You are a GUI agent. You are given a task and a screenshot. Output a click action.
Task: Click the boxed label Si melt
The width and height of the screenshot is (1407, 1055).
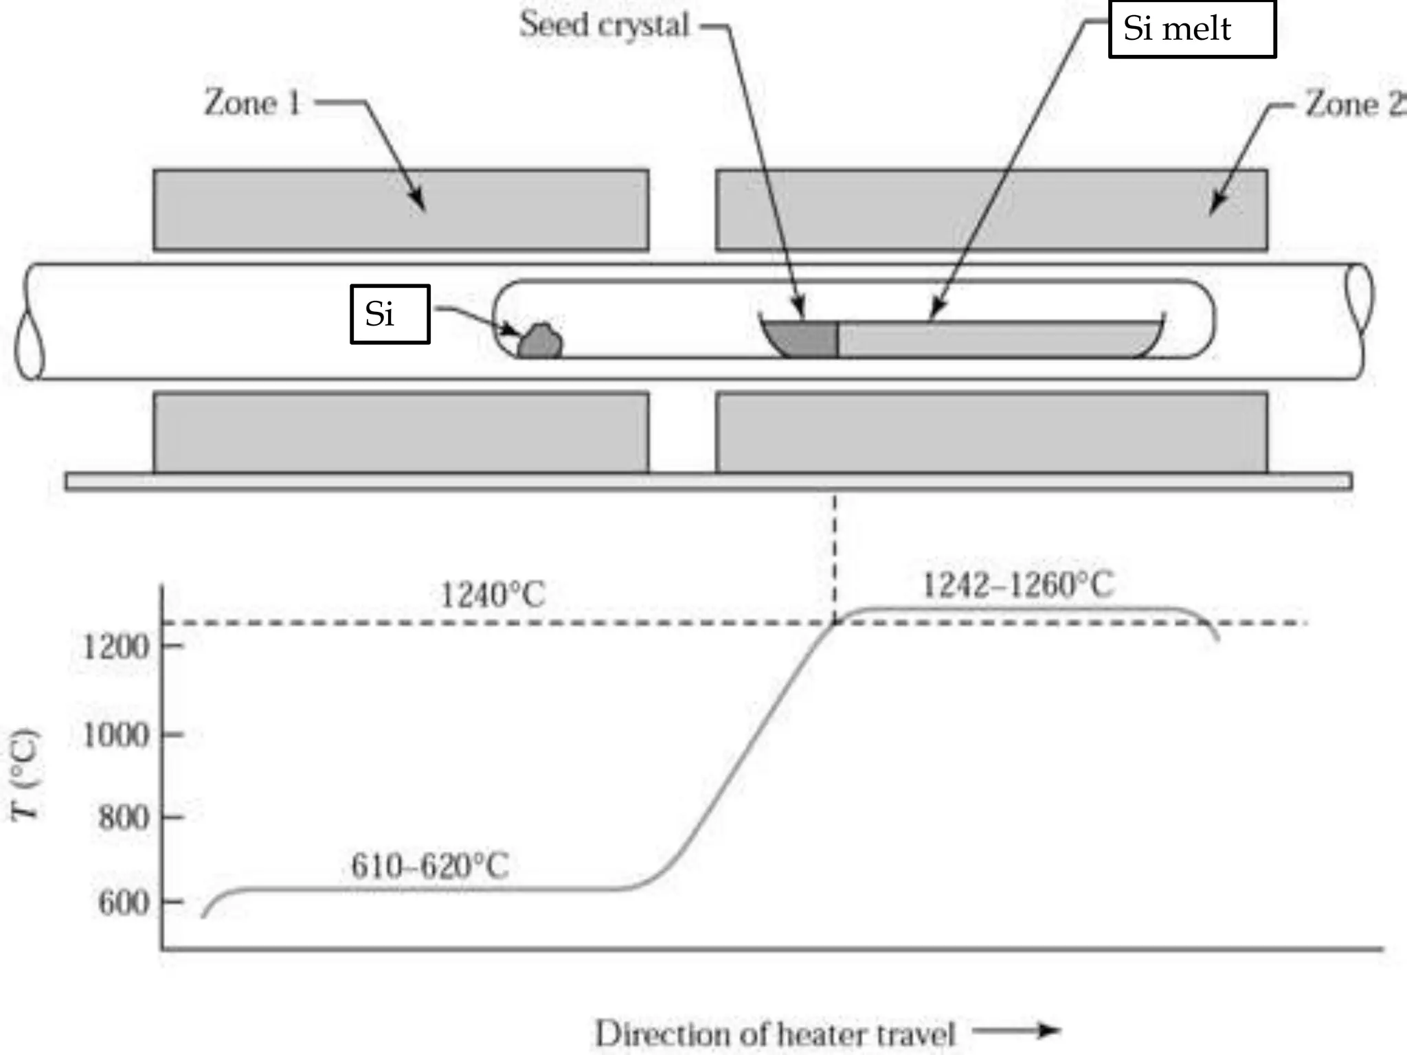pos(1192,29)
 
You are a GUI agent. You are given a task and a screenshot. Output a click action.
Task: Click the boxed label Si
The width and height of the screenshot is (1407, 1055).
pos(390,314)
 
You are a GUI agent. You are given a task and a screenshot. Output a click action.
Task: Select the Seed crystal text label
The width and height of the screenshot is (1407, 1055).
pos(604,25)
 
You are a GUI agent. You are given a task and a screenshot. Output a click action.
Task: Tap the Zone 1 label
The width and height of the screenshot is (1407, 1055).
pos(253,104)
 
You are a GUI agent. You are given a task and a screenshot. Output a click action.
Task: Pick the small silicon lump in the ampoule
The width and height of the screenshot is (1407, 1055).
pos(540,341)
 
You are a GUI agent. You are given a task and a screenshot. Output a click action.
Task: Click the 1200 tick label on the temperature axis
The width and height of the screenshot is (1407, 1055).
pos(115,647)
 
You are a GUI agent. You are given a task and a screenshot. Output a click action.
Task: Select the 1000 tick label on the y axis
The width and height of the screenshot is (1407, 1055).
pos(115,736)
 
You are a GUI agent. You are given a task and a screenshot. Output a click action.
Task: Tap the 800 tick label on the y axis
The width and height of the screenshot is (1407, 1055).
pos(124,818)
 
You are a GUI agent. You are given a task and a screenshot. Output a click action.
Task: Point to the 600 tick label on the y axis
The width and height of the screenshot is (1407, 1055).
pos(124,903)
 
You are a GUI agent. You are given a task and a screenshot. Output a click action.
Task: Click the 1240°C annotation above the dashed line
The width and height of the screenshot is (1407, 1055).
pos(492,595)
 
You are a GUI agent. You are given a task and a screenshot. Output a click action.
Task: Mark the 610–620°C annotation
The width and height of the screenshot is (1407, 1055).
pos(430,866)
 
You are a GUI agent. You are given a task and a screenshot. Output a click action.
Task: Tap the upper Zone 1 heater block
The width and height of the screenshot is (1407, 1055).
pos(401,209)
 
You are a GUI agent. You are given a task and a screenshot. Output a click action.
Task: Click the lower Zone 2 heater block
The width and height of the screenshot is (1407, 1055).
pos(991,433)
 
